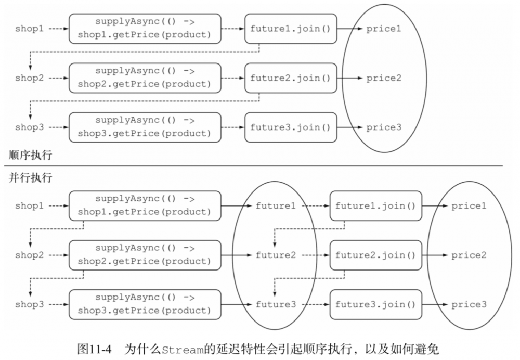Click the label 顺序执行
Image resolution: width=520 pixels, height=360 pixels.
coord(30,155)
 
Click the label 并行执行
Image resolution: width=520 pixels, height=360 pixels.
coord(30,177)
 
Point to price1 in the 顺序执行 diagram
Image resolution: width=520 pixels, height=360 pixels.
coord(384,29)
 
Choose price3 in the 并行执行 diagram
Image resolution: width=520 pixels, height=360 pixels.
coord(469,304)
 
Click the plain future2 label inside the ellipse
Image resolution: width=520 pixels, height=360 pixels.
coord(275,255)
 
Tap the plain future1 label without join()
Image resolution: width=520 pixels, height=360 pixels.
coord(275,206)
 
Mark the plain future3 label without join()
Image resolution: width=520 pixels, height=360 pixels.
coord(275,304)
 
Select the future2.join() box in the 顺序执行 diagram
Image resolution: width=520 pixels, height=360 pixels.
coord(290,79)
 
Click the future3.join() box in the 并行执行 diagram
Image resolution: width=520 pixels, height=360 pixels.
coord(375,304)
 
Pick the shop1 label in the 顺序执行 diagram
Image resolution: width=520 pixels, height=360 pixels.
coord(29,29)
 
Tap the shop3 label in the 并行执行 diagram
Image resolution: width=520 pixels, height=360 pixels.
coord(29,304)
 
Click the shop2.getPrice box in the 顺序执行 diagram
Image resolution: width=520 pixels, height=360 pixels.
coord(145,78)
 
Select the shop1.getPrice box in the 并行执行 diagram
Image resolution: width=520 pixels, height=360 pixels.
coord(145,205)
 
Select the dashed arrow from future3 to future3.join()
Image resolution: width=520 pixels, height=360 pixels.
coord(312,304)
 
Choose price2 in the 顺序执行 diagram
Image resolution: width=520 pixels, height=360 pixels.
coord(384,79)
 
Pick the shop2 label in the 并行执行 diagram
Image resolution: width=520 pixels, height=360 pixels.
coord(29,255)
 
